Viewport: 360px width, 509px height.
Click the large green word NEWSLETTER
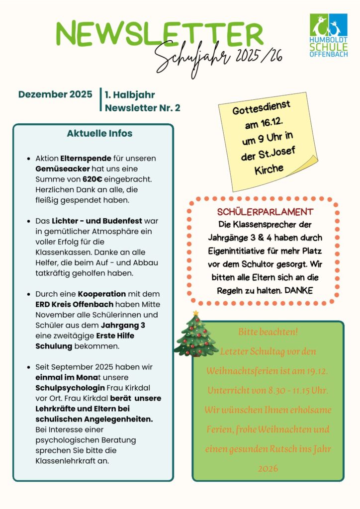point(159,34)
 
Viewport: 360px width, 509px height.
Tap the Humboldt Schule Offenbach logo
point(328,35)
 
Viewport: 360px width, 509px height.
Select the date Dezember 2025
point(55,94)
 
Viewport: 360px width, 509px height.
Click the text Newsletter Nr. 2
point(143,108)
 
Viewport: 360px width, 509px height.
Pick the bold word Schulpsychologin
point(70,388)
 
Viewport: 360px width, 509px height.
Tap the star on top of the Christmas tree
point(196,313)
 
